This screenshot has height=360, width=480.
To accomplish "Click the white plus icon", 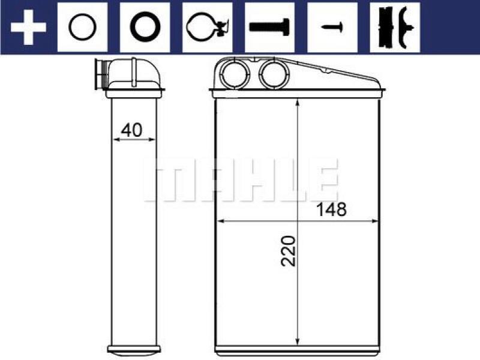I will pos(28,27).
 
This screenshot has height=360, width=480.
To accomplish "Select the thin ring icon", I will pos(82,27).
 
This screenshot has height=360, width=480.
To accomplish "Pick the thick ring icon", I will pos(145,27).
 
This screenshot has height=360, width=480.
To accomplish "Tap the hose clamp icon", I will pos(207,27).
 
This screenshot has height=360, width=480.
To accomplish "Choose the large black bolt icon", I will pos(269,27).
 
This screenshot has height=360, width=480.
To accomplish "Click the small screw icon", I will pos(332,27).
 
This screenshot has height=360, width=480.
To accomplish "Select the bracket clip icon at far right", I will pos(394,27).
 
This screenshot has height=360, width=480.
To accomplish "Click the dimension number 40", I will pos(131,130).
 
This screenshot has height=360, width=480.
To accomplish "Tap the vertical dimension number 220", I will pos(290,251).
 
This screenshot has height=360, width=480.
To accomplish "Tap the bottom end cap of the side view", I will pos(134,349).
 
